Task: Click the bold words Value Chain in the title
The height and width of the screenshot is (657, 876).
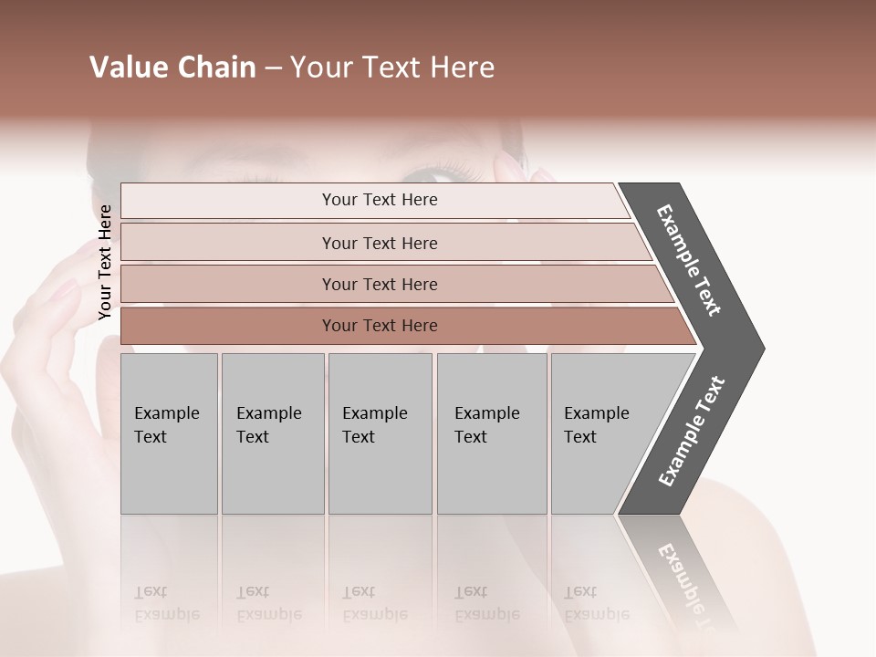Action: [172, 68]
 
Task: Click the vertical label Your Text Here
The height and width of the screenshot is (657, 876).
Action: [105, 262]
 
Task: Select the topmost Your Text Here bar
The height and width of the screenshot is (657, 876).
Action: [379, 200]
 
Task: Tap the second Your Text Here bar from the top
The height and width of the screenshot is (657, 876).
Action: [379, 243]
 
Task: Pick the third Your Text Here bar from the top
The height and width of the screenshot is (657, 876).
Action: [379, 284]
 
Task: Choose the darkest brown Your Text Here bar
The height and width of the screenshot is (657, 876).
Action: [379, 326]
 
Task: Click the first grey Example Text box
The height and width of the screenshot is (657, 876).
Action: [169, 433]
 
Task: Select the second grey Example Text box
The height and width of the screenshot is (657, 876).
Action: [272, 433]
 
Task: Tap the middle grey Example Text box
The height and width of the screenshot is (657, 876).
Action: [380, 433]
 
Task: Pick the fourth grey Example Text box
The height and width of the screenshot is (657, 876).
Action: [492, 433]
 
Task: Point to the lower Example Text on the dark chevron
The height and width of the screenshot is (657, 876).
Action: [692, 432]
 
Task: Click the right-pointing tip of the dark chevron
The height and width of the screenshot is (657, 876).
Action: [759, 348]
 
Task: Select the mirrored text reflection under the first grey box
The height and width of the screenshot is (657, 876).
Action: [167, 603]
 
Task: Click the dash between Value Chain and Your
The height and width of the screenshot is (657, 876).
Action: [273, 68]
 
